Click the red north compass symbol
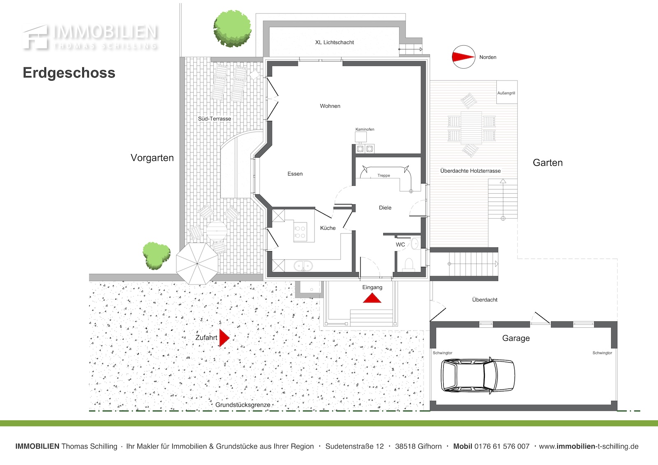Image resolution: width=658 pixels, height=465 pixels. coord(463,57)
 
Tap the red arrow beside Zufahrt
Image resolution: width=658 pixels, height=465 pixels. coord(225,338)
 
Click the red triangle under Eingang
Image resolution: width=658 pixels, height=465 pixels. coord(372,298)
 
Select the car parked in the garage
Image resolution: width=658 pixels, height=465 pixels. coord(478,375)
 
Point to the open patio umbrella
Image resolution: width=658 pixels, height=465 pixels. coord(197,264)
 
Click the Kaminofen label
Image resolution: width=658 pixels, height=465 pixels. coord(365,129)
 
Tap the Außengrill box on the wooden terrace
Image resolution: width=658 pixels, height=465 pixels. coord(507,92)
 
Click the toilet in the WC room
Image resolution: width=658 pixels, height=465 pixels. coord(409,264)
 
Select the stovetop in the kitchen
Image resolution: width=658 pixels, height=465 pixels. coord(300,232)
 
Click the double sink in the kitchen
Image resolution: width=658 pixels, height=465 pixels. coord(303,266)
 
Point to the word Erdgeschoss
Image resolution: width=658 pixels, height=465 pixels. coord(69,72)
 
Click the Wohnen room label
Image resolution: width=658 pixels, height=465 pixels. coord(330,106)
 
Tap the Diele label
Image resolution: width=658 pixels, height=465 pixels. coord(385,208)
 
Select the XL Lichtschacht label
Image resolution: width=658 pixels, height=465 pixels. coord(335,42)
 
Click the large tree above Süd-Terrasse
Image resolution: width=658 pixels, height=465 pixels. coord(232,28)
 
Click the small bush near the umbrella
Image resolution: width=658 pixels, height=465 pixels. coord(156,256)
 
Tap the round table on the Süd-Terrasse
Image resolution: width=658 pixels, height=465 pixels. coord(216,231)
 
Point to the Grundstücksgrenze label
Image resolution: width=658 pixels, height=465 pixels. coord(243,405)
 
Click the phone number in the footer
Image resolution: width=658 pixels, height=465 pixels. coord(502,446)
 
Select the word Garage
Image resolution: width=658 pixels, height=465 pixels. coord(516,338)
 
